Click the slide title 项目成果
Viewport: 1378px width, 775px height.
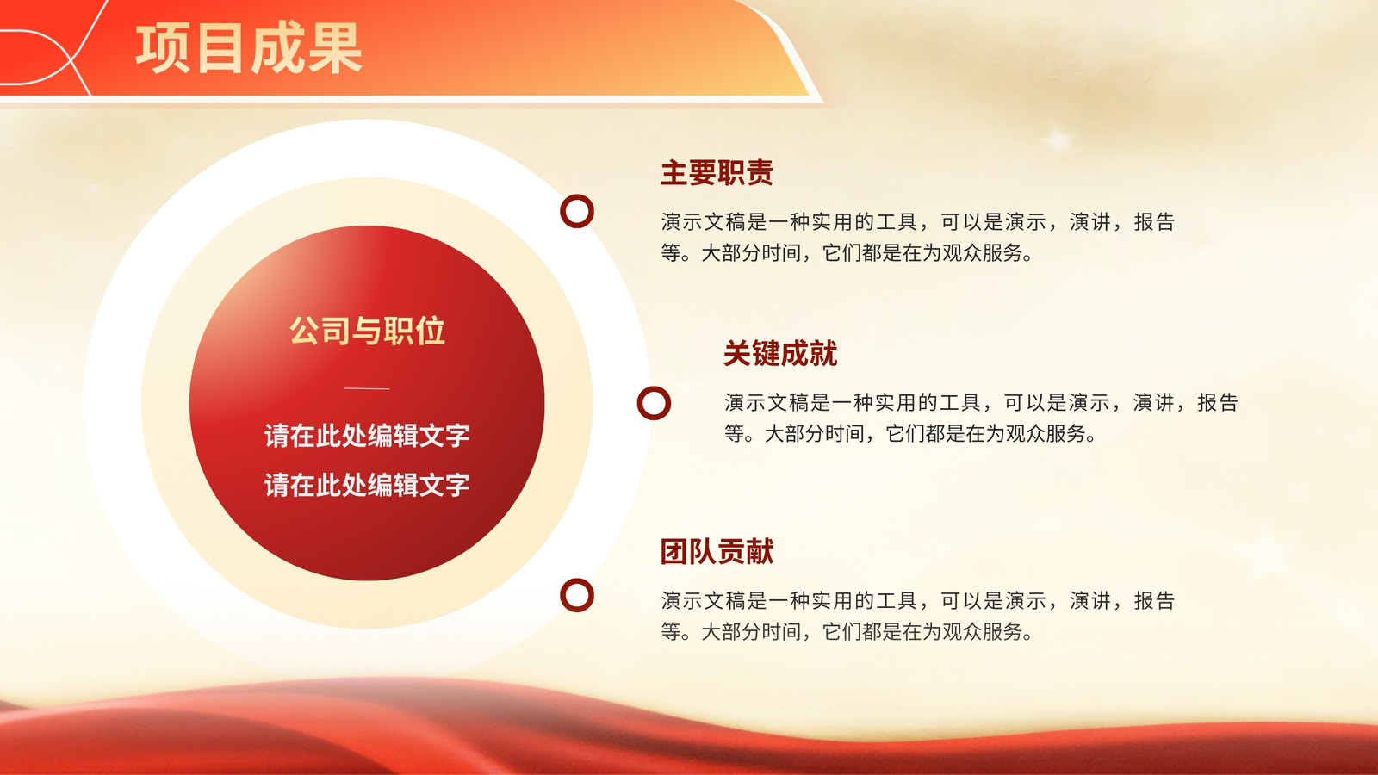[x=249, y=48]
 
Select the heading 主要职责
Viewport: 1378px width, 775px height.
[x=717, y=173]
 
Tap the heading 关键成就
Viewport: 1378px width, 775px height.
[x=780, y=354]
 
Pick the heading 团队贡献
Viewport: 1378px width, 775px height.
[x=717, y=551]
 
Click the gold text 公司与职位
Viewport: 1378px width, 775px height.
[x=367, y=331]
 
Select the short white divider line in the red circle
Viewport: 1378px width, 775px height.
[x=367, y=388]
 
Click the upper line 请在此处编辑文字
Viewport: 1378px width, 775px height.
[x=367, y=436]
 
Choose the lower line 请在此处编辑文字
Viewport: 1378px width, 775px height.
[x=367, y=486]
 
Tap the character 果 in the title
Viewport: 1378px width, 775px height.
[x=335, y=48]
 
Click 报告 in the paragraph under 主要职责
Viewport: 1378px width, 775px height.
[x=1154, y=222]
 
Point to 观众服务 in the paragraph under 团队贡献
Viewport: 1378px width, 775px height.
[x=982, y=632]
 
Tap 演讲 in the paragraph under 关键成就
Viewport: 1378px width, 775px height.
[x=1153, y=403]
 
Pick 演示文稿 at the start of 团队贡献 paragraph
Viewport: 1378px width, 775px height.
[x=704, y=601]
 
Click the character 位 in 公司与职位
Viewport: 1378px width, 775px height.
[x=430, y=331]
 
